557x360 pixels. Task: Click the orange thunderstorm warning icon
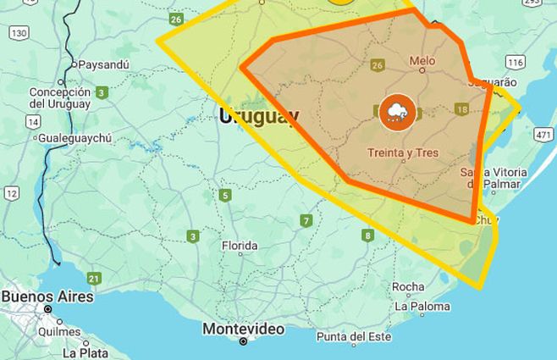click(x=396, y=112)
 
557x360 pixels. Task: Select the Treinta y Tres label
click(x=403, y=153)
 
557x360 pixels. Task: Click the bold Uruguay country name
click(x=258, y=117)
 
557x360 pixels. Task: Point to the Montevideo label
click(x=243, y=329)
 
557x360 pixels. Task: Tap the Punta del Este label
click(x=354, y=336)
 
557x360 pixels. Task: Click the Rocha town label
click(x=408, y=286)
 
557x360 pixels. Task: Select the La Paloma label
click(x=425, y=306)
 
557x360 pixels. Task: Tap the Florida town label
click(x=240, y=246)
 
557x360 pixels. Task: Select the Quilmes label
click(x=58, y=332)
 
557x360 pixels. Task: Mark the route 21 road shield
click(x=94, y=278)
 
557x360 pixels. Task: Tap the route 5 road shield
click(x=224, y=196)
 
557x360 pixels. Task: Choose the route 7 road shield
click(x=306, y=221)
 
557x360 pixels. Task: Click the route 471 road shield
click(x=543, y=135)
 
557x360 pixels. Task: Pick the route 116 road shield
click(x=515, y=62)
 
